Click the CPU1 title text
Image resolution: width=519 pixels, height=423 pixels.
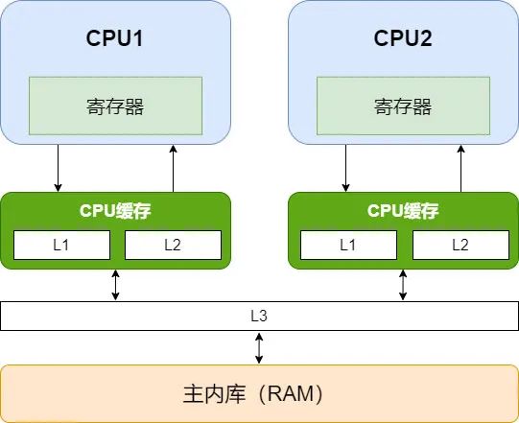coord(114,38)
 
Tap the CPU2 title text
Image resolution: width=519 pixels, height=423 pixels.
coord(403,38)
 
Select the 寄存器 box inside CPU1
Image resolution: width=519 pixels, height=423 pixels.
coord(115,106)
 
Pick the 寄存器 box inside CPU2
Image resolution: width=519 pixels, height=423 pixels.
coord(403,106)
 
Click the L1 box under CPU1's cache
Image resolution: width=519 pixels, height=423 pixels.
coord(61,245)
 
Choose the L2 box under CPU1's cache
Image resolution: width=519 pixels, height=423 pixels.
coord(173,245)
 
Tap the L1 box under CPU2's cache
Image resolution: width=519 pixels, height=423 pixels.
coord(348,245)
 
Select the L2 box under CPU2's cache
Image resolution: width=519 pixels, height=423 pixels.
coord(460,245)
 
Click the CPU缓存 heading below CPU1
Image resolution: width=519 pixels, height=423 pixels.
coord(115,210)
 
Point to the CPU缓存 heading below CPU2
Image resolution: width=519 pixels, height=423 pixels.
coord(403,210)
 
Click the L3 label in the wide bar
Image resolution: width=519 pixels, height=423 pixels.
coord(259,316)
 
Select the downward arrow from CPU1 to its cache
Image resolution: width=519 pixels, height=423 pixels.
coord(58,168)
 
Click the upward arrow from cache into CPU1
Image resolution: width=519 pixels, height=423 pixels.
coord(173,168)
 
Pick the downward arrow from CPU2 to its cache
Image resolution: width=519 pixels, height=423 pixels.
coord(345,168)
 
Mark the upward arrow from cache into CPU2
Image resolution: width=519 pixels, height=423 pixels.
coord(461,168)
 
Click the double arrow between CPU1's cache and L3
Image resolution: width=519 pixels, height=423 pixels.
coord(115,285)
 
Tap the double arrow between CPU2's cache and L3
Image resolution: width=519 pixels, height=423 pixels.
coord(403,285)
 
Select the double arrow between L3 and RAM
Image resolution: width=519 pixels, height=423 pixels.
coord(259,348)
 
